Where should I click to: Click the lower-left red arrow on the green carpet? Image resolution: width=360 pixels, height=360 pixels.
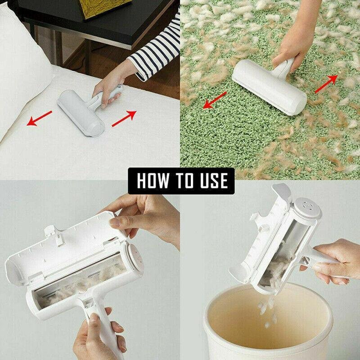(214, 100)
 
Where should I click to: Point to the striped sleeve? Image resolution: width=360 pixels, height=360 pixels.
(153, 56)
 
